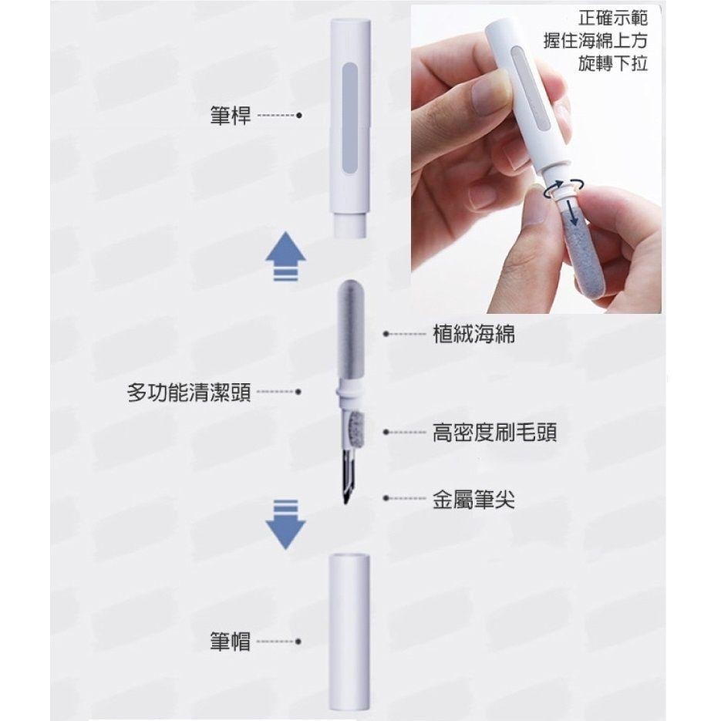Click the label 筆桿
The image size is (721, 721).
(230, 116)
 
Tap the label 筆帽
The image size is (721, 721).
(230, 641)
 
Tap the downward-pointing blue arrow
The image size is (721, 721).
(285, 525)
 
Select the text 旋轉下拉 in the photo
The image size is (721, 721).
(613, 63)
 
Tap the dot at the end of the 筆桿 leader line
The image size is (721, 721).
(298, 117)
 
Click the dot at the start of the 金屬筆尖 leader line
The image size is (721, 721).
(385, 499)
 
